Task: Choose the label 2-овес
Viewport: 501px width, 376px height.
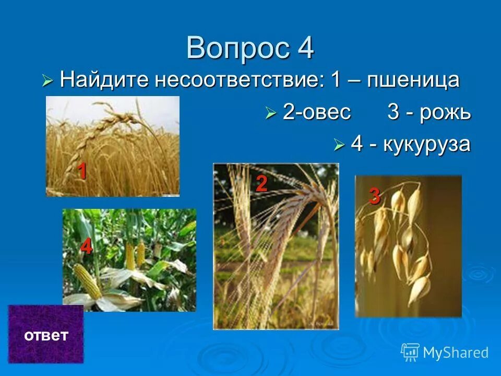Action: [x=317, y=112]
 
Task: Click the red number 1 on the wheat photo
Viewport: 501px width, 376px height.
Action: [x=82, y=171]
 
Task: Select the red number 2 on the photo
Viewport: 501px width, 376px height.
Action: [x=261, y=184]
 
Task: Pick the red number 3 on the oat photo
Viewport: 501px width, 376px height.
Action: [x=375, y=196]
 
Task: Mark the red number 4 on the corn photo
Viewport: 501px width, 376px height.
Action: [x=86, y=247]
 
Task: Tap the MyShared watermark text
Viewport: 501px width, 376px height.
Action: [x=456, y=352]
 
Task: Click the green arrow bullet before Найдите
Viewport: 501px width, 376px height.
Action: [x=47, y=80]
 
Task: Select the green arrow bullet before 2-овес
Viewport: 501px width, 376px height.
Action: [x=270, y=113]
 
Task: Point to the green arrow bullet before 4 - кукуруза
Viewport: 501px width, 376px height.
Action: [x=339, y=145]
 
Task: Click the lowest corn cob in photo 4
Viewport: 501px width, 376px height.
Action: [x=87, y=281]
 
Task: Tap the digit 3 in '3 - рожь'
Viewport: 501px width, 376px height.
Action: [x=393, y=112]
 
